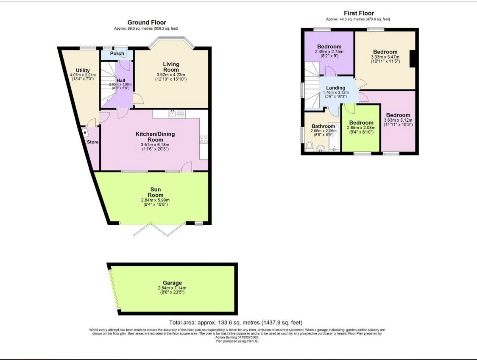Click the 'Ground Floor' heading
pos(147,22)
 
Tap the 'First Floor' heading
pos(358,14)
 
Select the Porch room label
pos(117,53)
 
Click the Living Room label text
pos(171,67)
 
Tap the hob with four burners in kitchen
pos(204,140)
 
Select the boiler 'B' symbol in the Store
pos(85,133)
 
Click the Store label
pos(92,142)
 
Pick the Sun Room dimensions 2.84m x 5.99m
pos(155,201)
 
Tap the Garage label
pos(172,283)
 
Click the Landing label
pos(335,88)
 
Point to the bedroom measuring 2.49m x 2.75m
pos(329,52)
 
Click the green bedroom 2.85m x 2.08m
pos(360,128)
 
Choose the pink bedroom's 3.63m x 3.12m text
pos(398,120)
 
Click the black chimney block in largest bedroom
pos(412,59)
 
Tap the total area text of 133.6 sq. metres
pos(236,323)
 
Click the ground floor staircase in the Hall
pos(109,85)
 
